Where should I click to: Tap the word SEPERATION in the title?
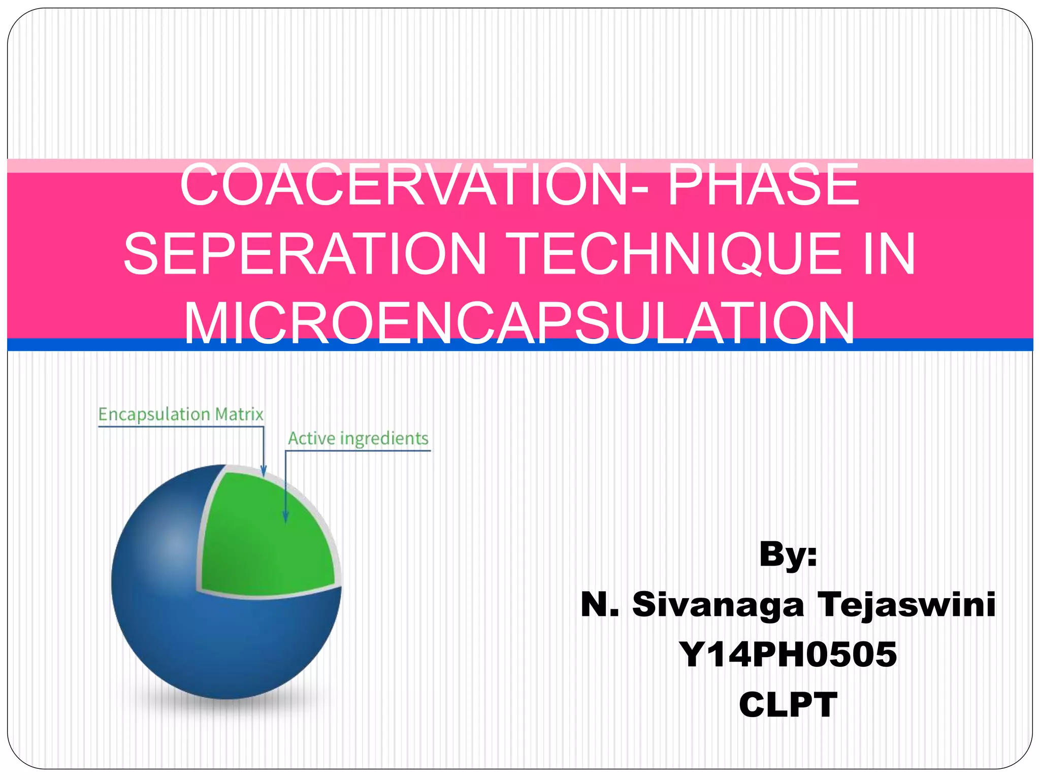tap(305, 253)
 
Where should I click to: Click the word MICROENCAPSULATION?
tap(519, 323)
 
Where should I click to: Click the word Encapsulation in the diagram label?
tap(154, 414)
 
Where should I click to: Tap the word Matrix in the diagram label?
tap(239, 414)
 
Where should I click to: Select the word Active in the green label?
tap(310, 438)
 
